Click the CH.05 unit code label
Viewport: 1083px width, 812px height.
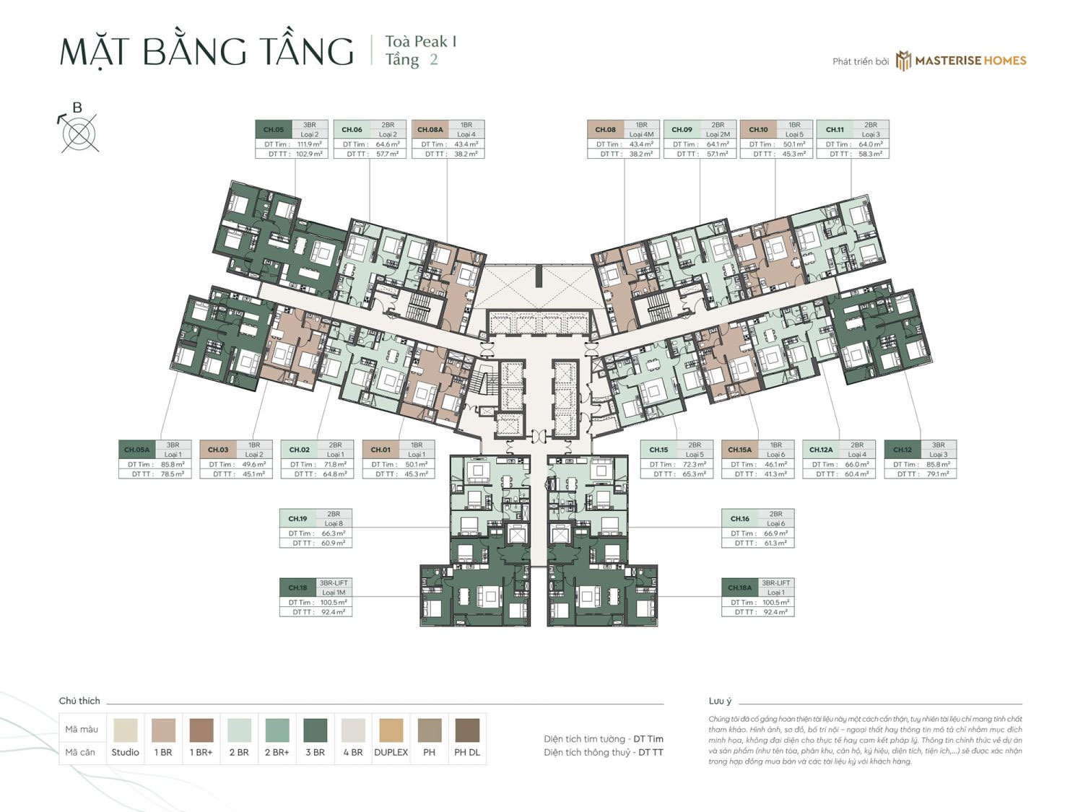(x=274, y=130)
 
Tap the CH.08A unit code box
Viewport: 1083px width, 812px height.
(x=430, y=130)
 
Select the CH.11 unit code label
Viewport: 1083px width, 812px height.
(x=835, y=130)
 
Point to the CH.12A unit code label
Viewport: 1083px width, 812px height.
(x=821, y=450)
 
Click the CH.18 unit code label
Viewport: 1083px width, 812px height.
(x=297, y=588)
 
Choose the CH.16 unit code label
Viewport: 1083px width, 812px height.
(x=739, y=519)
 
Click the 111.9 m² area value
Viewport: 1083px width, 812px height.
(x=309, y=144)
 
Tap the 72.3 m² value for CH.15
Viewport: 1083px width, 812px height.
(x=694, y=465)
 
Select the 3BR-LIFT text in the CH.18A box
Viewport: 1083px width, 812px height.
(x=776, y=582)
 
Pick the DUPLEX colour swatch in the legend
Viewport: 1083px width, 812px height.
(x=391, y=730)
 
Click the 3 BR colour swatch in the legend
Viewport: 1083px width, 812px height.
(x=315, y=730)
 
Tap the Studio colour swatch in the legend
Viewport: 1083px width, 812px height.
(x=125, y=730)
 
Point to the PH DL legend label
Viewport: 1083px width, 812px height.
(x=466, y=752)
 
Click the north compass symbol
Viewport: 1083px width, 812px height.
(x=79, y=134)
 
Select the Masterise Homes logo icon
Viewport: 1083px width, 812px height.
(x=903, y=61)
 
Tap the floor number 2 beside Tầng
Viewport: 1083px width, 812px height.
(x=433, y=60)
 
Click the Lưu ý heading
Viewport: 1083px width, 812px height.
(x=720, y=701)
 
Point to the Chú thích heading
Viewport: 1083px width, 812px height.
(x=79, y=701)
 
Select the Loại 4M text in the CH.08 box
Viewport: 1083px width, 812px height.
(x=641, y=134)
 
